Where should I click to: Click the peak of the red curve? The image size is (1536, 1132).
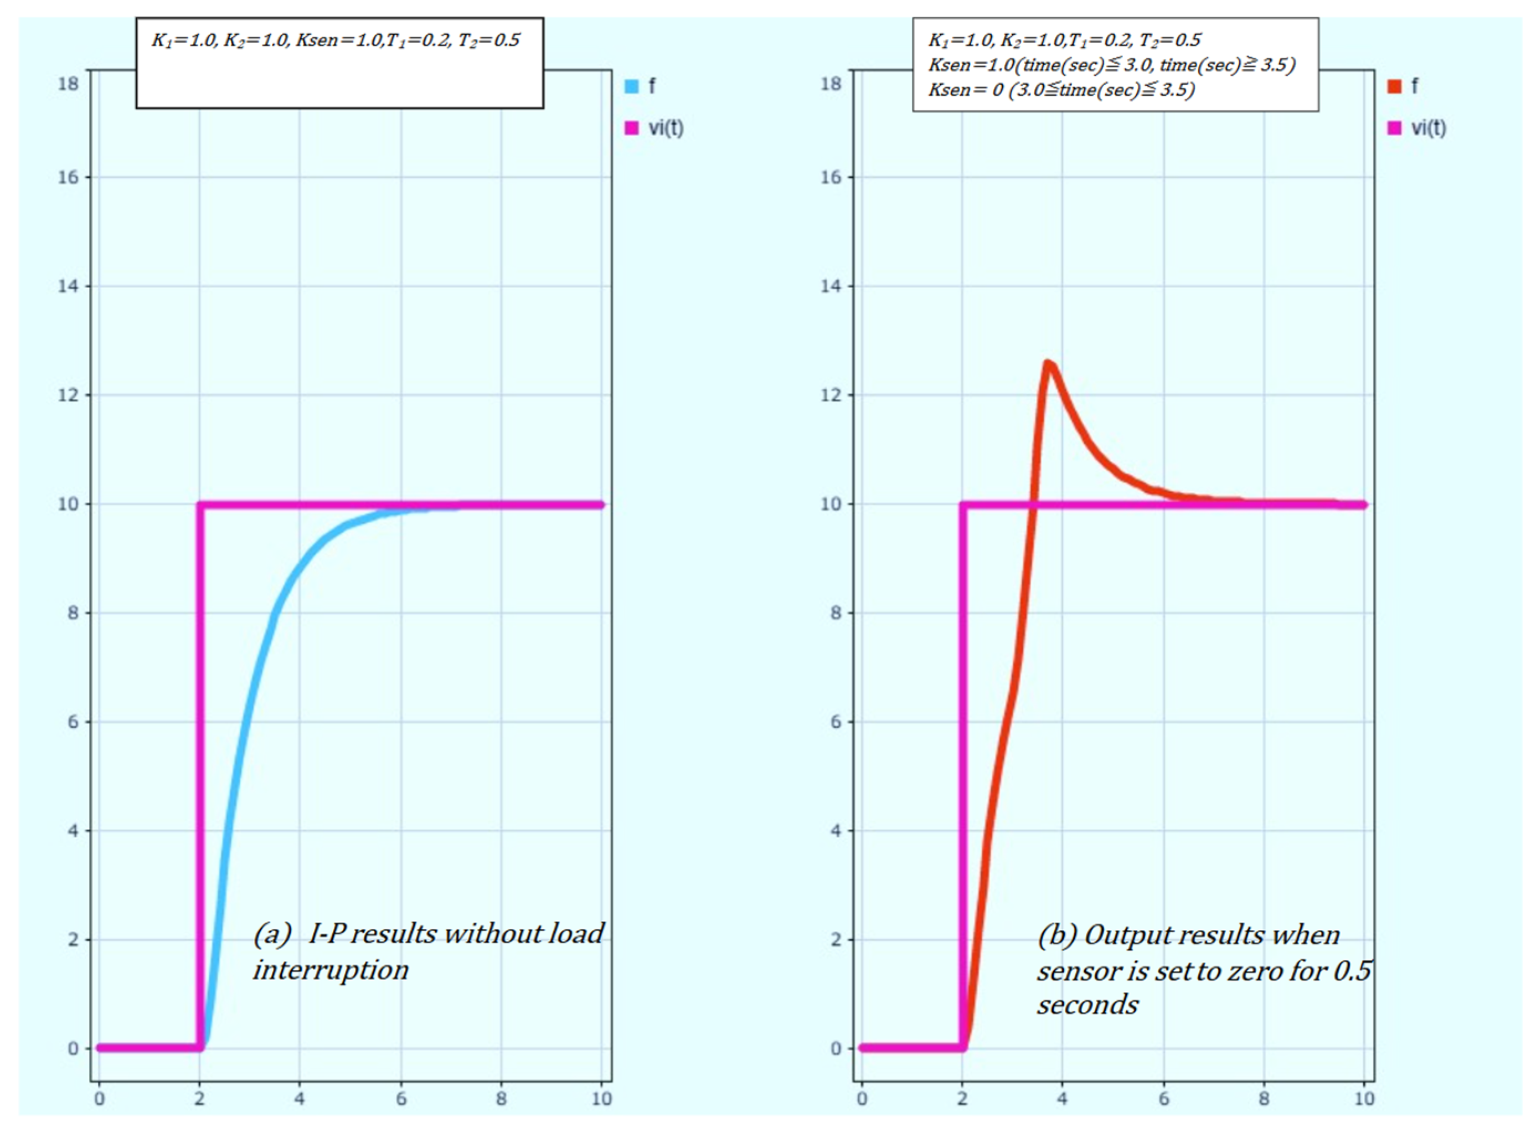click(x=1048, y=363)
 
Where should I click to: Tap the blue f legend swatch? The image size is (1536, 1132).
click(x=632, y=86)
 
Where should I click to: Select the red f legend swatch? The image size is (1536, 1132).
click(x=1394, y=86)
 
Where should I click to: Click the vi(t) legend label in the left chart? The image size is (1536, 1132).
click(x=666, y=128)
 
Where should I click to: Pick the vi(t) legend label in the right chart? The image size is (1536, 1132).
click(x=1429, y=128)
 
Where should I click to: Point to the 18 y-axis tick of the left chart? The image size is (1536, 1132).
click(x=68, y=84)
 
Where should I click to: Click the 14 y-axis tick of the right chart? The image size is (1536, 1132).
click(x=831, y=286)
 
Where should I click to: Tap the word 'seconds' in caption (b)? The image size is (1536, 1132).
click(x=1087, y=1005)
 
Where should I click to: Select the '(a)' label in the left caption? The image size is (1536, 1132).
click(x=272, y=934)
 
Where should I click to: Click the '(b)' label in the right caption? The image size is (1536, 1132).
click(x=1056, y=935)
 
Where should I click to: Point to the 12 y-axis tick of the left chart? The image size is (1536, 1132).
click(x=68, y=395)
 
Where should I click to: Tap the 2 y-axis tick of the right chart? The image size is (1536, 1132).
click(x=835, y=939)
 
